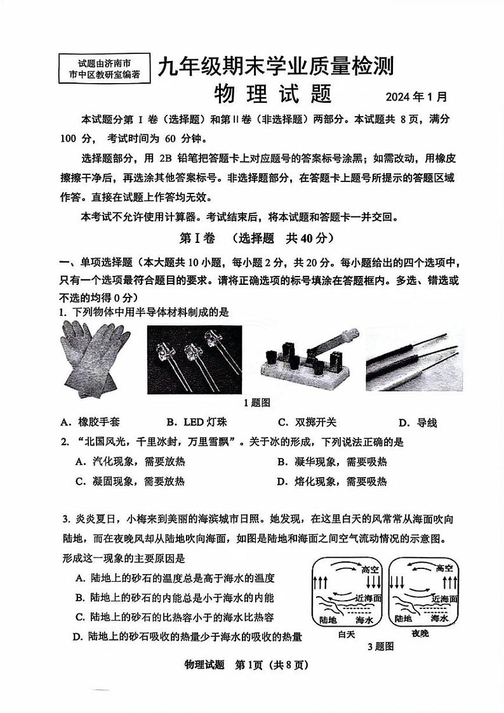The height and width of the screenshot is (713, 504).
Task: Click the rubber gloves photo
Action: click(96, 359)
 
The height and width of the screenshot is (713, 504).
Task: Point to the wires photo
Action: click(414, 359)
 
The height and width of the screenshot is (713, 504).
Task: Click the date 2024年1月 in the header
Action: click(416, 97)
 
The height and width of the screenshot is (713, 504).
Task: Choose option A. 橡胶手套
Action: click(90, 422)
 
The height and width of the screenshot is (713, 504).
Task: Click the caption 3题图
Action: click(381, 646)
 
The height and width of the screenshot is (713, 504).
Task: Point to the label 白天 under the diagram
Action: click(347, 634)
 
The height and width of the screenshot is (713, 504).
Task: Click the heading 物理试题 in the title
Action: click(273, 95)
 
